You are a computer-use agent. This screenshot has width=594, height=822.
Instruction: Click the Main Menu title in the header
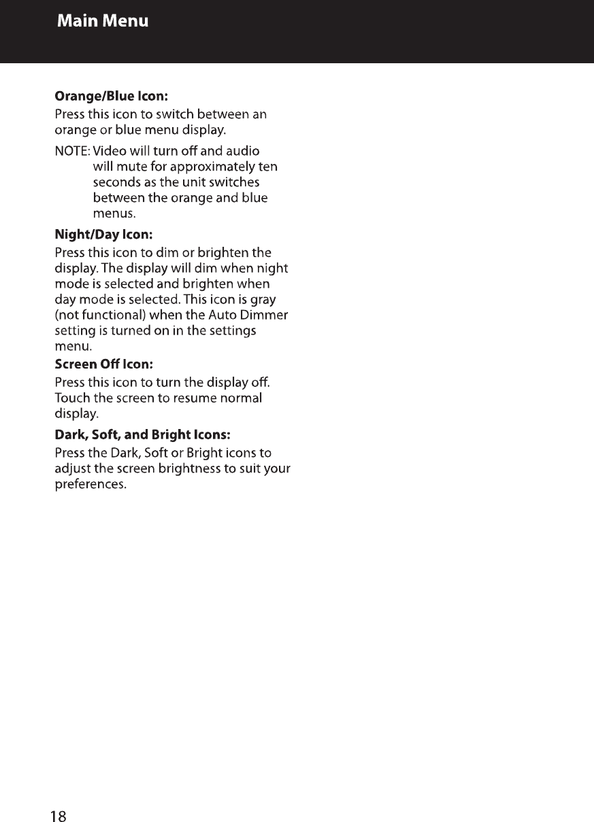pyautogui.click(x=103, y=21)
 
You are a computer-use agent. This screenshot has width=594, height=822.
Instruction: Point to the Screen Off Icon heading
pyautogui.click(x=99, y=363)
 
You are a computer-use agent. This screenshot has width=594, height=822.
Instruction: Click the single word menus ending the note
pyautogui.click(x=114, y=215)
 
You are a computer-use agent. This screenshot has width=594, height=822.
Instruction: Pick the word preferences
pyautogui.click(x=90, y=485)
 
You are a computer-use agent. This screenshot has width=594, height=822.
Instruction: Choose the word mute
pyautogui.click(x=128, y=167)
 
